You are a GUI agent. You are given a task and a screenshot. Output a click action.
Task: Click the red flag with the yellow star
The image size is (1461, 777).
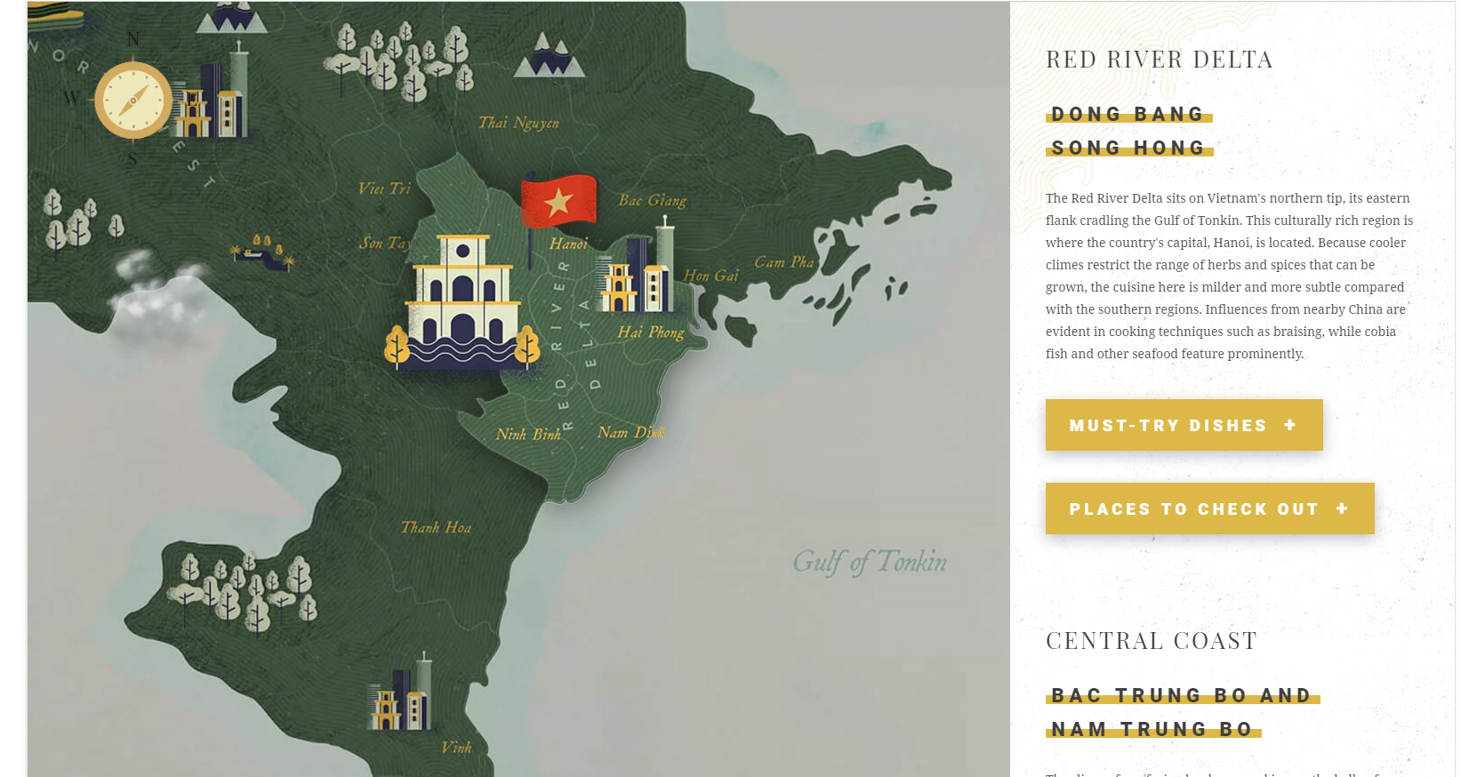(x=558, y=201)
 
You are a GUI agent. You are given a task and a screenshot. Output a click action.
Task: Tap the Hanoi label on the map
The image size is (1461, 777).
(x=568, y=244)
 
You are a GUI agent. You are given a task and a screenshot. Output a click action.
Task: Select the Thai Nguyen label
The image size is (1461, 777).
(x=518, y=123)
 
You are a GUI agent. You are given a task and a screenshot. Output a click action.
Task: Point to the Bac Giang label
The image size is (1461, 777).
(x=652, y=201)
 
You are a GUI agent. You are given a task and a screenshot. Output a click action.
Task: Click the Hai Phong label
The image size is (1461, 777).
(x=651, y=332)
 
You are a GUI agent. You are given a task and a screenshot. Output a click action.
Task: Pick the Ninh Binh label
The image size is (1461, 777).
(x=528, y=434)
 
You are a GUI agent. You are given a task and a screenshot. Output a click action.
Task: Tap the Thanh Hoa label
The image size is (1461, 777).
(x=436, y=527)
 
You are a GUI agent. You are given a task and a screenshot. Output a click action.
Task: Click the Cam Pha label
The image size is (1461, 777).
(x=783, y=262)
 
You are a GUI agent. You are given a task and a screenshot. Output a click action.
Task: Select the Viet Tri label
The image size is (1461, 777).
(x=384, y=188)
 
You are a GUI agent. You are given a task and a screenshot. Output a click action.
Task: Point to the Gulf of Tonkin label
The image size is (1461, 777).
(x=869, y=562)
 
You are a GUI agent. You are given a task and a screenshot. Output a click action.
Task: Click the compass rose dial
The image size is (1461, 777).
(x=133, y=100)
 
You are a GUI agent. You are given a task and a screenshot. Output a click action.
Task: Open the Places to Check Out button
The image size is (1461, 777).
(x=1209, y=509)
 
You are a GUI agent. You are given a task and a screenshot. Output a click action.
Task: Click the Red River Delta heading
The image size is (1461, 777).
(x=1159, y=60)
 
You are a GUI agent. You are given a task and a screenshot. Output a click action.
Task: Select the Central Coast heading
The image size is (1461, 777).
(x=1151, y=641)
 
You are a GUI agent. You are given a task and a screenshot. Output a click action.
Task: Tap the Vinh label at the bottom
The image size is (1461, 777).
(x=456, y=748)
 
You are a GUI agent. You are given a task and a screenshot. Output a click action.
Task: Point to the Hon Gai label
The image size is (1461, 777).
(x=710, y=276)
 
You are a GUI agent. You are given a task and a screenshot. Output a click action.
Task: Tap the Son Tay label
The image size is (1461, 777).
(x=384, y=243)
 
